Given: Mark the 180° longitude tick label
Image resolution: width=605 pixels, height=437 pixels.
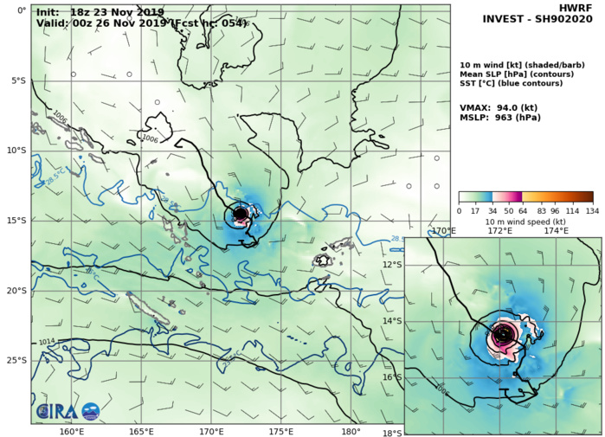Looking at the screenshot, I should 351,432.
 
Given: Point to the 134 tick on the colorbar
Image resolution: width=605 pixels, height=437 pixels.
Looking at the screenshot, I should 592,210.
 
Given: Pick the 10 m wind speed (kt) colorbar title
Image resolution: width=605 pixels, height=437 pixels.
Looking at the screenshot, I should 525,222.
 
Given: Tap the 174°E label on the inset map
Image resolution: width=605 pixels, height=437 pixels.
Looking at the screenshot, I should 556,231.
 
